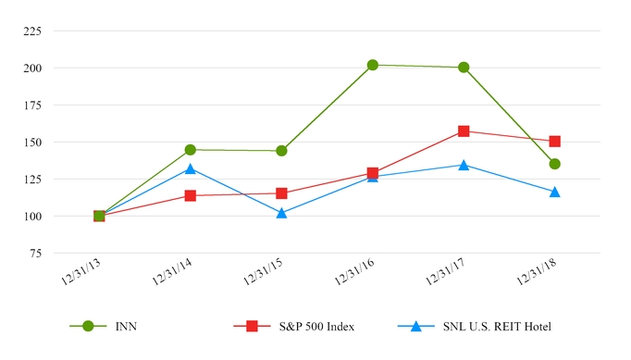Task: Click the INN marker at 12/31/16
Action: (x=373, y=65)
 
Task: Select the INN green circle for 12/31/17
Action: (x=464, y=68)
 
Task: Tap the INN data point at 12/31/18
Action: (x=555, y=164)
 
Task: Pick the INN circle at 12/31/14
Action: (x=191, y=150)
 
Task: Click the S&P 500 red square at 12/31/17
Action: (x=464, y=131)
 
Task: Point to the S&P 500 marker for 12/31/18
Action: (x=555, y=142)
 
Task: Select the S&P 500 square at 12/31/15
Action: (x=281, y=193)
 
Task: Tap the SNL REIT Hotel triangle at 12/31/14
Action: (x=191, y=168)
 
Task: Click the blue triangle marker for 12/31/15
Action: (x=281, y=212)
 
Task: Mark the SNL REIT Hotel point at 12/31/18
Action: (x=555, y=192)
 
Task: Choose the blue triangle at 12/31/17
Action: (x=464, y=165)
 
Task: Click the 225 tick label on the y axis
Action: (x=31, y=31)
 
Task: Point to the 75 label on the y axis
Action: (x=34, y=254)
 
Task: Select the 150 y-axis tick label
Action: (x=31, y=143)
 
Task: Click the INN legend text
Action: (x=126, y=327)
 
